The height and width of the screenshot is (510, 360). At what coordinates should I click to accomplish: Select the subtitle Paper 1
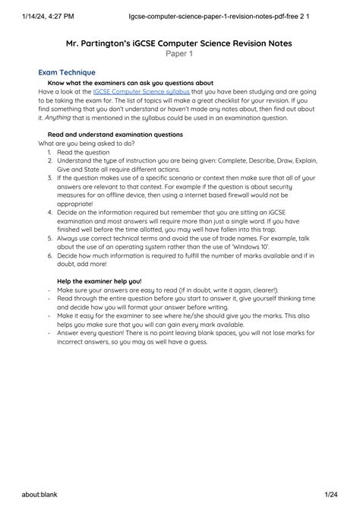(x=180, y=54)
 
